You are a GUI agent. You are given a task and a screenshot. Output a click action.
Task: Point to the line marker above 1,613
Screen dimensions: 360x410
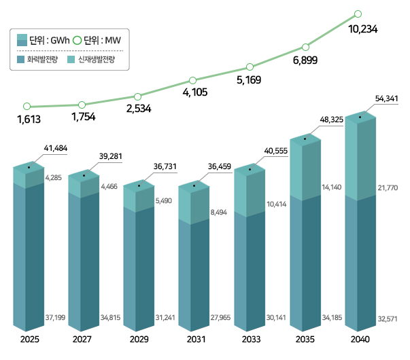coord(27,106)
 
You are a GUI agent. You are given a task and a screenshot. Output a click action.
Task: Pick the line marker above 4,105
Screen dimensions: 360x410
coord(194,81)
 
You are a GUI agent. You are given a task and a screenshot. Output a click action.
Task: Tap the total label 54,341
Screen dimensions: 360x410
coord(386,99)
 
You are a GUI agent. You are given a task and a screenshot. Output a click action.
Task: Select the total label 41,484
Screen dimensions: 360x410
coord(55,147)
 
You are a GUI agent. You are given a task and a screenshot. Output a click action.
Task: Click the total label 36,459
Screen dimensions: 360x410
coord(221,164)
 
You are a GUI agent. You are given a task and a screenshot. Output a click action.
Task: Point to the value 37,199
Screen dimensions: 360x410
coord(55,317)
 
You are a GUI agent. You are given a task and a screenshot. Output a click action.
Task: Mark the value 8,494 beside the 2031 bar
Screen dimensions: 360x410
coord(220,212)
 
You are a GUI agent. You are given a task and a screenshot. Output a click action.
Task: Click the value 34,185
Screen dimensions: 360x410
coord(331,317)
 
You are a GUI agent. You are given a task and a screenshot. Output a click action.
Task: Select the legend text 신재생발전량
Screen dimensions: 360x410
coord(96,60)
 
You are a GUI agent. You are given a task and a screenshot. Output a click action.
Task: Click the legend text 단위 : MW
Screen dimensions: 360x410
coord(92,41)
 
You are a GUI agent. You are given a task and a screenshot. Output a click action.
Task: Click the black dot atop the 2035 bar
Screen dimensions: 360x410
coord(305,139)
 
